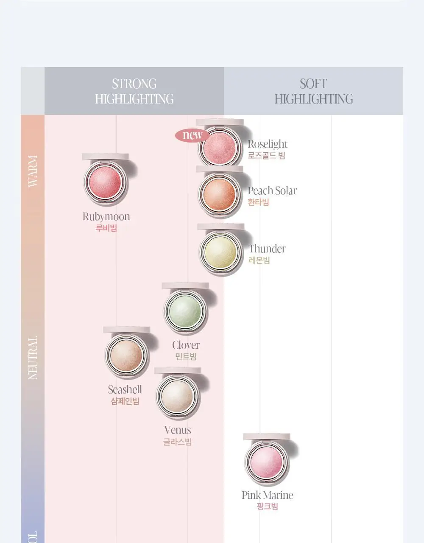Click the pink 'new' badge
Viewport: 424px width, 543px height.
point(192,135)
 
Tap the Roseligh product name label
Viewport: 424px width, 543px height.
point(268,144)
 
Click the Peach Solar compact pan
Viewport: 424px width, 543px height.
point(220,193)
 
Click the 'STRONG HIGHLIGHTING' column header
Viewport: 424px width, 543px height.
point(134,91)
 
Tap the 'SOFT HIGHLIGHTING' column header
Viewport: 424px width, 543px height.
point(314,91)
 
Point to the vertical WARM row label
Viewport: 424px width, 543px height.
point(33,171)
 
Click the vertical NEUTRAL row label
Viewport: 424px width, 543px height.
point(33,358)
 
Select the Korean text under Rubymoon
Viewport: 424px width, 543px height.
point(106,228)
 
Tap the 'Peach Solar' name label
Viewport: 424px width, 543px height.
point(272,190)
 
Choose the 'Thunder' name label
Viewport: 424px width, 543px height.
point(267,249)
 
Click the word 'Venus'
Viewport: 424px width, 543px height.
point(178,430)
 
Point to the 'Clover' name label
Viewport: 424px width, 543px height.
point(186,345)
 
